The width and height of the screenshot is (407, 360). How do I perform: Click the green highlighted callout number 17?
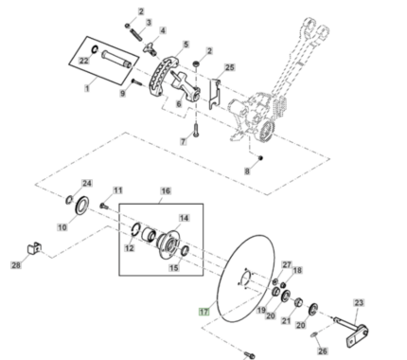point(204,312)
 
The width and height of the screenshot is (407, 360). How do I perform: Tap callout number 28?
point(16,265)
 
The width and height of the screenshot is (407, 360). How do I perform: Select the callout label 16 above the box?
point(166,190)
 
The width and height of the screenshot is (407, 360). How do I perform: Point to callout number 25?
point(230,67)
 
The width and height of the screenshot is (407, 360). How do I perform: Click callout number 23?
point(359,303)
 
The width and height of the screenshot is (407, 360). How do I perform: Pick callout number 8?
point(247,171)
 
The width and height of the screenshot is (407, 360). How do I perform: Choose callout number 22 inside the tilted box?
point(83,61)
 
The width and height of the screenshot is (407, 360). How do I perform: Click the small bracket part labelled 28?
point(34,248)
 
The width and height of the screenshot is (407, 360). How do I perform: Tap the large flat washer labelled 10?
point(82,206)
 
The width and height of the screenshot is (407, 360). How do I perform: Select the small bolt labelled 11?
point(104,206)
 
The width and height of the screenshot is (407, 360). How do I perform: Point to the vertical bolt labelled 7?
point(196,130)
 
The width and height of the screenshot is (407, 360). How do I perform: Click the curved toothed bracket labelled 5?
point(163,76)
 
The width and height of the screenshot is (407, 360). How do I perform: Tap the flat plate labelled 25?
point(214,94)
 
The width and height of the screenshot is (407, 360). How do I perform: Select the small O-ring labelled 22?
point(95,49)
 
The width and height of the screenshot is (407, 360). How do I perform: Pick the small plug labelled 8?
point(260,157)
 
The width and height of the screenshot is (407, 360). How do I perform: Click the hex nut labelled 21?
point(298,303)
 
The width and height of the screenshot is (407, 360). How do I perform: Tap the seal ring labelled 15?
point(185,250)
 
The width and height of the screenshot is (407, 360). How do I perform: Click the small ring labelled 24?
point(69,200)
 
